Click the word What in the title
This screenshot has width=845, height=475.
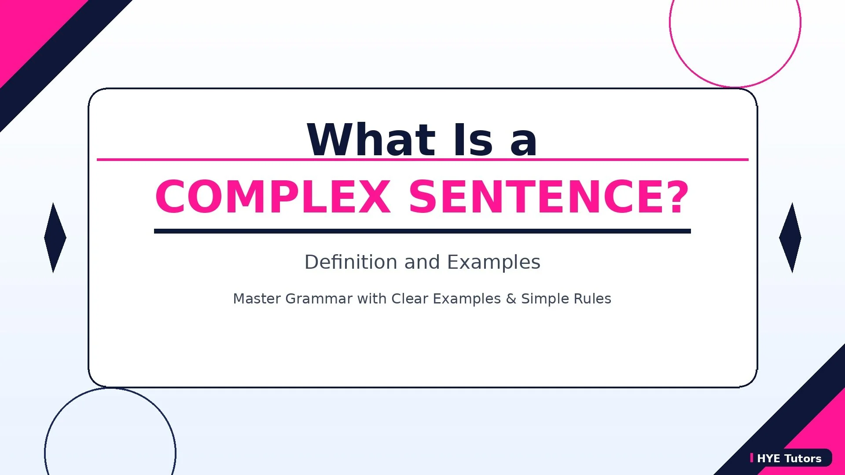tap(371, 140)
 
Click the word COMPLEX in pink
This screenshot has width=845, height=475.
tap(273, 197)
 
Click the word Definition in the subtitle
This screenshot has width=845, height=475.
tap(351, 262)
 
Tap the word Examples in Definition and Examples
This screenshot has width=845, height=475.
tap(493, 262)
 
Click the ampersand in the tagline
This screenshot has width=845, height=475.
tap(511, 299)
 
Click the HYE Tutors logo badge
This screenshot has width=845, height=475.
tap(790, 458)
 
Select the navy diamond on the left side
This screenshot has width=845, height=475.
tap(55, 237)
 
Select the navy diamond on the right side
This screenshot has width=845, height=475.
tap(790, 237)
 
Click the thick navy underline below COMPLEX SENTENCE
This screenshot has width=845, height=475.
tap(422, 231)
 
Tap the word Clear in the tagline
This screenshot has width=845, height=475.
tap(410, 299)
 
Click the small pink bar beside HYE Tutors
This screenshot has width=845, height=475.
tap(752, 458)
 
